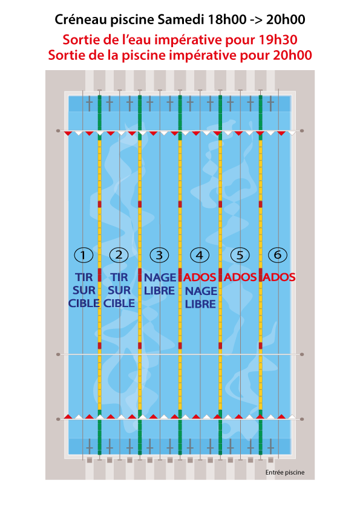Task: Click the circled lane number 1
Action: point(83,255)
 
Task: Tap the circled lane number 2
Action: point(119,255)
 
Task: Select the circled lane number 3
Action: point(159,255)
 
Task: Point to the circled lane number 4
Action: point(200,255)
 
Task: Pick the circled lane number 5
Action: point(240,255)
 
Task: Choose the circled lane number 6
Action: point(278,255)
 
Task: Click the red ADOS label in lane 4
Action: point(200,277)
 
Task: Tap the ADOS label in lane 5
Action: point(240,277)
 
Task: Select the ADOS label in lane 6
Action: point(279,277)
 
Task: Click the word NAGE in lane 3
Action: point(160,277)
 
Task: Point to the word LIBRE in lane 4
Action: point(200,304)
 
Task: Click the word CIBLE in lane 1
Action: point(84,303)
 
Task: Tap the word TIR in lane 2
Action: point(119,277)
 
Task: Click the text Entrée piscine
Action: point(285,472)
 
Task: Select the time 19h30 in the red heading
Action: point(278,40)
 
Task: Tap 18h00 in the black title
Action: point(227,20)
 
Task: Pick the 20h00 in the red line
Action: point(292,55)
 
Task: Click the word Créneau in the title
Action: point(81,20)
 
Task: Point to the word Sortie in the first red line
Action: point(81,40)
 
